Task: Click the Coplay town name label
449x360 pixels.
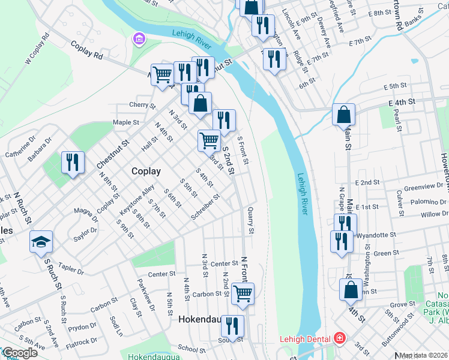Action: point(146,171)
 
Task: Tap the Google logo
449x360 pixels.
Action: point(20,353)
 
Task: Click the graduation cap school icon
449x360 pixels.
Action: point(41,242)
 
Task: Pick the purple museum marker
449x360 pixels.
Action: point(139,40)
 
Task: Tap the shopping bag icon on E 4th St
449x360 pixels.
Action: point(344,115)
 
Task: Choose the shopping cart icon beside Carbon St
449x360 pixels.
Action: point(243,293)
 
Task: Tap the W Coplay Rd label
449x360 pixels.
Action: point(36,53)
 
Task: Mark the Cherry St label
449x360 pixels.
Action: point(142,106)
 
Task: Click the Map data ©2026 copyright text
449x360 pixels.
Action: point(424,355)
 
